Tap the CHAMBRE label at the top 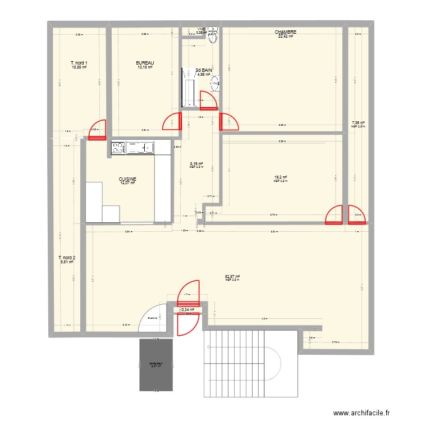point(285,33)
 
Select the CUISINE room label point(127,179)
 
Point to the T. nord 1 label point(79,63)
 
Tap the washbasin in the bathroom point(214,85)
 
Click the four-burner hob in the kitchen point(118,148)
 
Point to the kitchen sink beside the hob point(141,148)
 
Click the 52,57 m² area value point(232,276)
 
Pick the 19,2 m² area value point(281,177)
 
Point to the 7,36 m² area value point(358,122)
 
